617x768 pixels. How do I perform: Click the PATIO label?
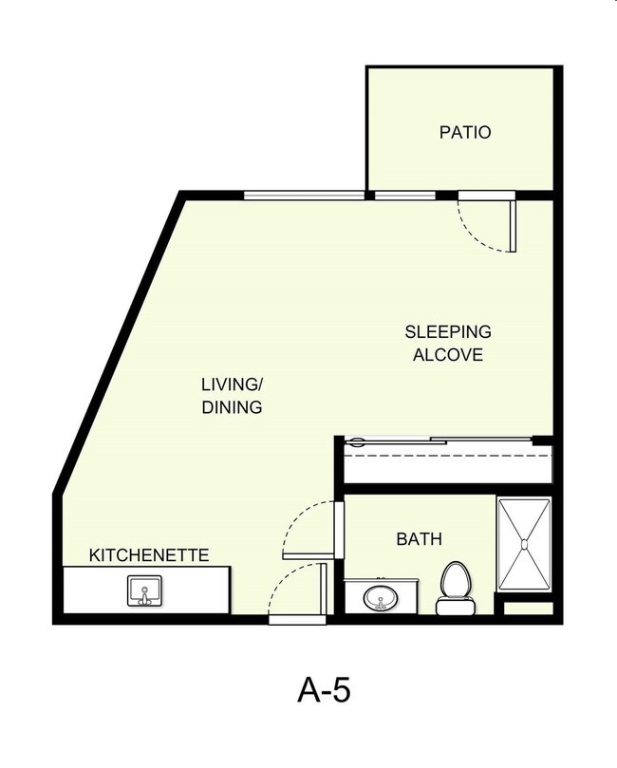pos(465,132)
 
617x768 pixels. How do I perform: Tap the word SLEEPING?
pos(448,332)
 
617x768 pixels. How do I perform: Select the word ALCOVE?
pos(448,356)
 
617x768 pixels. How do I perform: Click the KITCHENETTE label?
pos(148,554)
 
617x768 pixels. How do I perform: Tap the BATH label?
pos(419,539)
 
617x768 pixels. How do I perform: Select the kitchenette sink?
pos(144,591)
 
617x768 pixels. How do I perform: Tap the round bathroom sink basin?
pos(383,598)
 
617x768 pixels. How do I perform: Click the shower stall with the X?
pos(524,542)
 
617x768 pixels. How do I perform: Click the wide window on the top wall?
pos(304,196)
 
